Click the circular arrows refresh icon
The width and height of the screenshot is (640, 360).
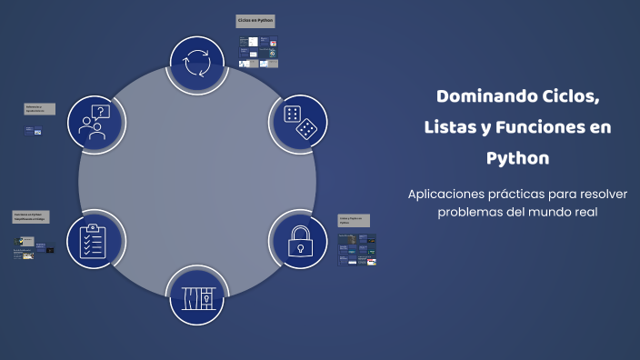click(197, 64)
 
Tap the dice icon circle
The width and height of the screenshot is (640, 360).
click(299, 122)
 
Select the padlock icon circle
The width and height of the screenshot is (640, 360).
click(297, 239)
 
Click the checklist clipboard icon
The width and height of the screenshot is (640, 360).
click(95, 239)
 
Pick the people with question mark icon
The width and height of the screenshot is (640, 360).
click(95, 122)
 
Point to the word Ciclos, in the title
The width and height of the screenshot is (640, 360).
click(569, 96)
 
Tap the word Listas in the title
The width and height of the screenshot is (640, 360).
click(452, 127)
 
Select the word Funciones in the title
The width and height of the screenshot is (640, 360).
click(545, 127)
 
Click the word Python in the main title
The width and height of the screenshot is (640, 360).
click(518, 158)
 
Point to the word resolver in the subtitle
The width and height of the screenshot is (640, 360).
click(602, 194)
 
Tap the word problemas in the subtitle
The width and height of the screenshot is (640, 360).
click(473, 212)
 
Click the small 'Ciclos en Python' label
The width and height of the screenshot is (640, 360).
click(255, 20)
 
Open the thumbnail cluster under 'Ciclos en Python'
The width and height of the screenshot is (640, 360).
click(259, 52)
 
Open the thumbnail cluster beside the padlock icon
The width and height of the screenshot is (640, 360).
click(356, 249)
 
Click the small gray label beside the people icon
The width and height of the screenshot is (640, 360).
click(39, 109)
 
